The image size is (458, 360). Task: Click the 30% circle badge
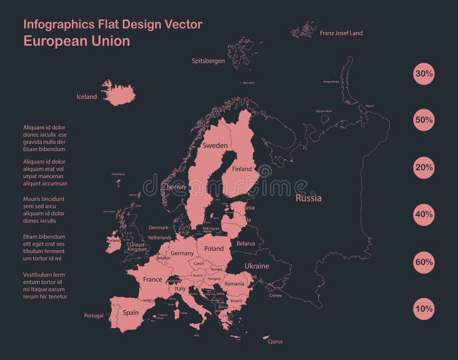424,74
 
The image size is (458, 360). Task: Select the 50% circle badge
424,121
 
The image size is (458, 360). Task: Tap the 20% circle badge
424,168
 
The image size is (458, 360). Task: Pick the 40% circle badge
424,215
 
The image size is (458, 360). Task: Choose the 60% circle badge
424,262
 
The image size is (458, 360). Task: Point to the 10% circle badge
424,308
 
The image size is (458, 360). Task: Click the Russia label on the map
308,199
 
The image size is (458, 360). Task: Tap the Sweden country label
215,146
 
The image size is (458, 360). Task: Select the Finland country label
242,169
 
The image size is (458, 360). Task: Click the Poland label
214,249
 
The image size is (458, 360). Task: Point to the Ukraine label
256,266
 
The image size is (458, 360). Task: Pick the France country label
152,279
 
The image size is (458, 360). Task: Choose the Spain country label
131,312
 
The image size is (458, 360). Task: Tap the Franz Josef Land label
341,33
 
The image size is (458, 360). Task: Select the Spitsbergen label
208,61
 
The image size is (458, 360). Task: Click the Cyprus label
275,342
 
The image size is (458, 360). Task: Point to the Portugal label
93,315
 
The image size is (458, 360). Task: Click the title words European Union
76,41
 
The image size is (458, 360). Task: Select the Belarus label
246,243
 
